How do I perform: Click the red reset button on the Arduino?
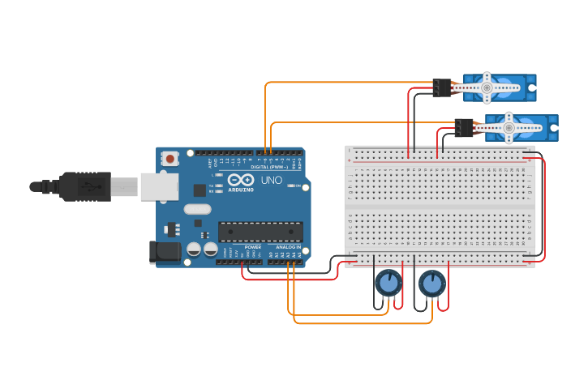tap(170, 159)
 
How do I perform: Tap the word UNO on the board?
tap(272, 180)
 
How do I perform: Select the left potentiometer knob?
tap(388, 283)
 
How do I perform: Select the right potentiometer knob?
tap(432, 284)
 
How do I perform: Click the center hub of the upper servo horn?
tap(487, 87)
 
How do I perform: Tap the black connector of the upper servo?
tap(442, 87)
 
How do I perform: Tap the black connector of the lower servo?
tap(464, 127)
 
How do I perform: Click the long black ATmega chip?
tap(260, 232)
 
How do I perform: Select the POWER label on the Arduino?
tap(253, 247)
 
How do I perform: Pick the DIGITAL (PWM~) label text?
tap(267, 167)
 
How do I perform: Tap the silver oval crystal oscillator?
tap(197, 209)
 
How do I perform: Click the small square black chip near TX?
tap(200, 190)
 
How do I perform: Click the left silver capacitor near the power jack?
tap(194, 250)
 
